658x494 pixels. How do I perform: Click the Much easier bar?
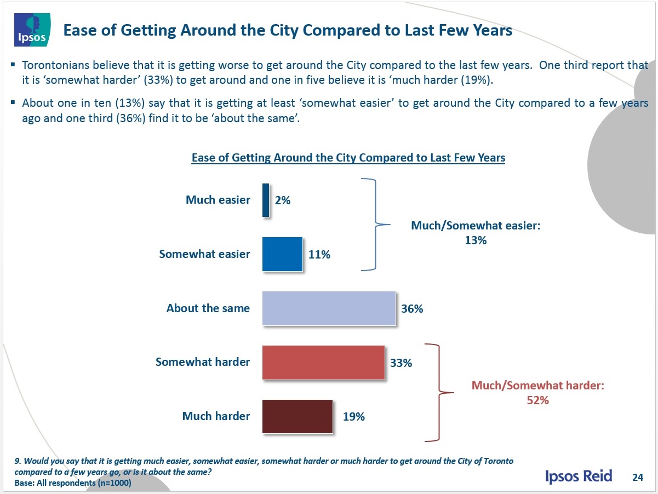pyautogui.click(x=266, y=200)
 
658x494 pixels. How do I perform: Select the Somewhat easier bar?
pyautogui.click(x=282, y=254)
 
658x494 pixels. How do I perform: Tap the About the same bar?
pyautogui.click(x=329, y=308)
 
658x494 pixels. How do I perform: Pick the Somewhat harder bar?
pyautogui.click(x=323, y=362)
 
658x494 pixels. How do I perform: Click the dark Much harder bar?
pyautogui.click(x=297, y=416)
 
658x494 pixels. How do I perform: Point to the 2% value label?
pyautogui.click(x=283, y=200)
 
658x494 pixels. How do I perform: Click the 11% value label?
pyautogui.click(x=319, y=255)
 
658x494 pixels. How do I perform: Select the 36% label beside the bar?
pyautogui.click(x=412, y=309)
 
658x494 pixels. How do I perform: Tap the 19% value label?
pyautogui.click(x=354, y=417)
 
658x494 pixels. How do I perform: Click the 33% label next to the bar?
pyautogui.click(x=401, y=363)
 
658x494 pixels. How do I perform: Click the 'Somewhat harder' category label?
pyautogui.click(x=203, y=362)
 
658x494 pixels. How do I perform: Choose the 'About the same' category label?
pyautogui.click(x=208, y=308)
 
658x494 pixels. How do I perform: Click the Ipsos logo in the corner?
pyautogui.click(x=33, y=31)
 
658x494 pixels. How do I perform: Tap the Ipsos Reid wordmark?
pyautogui.click(x=579, y=475)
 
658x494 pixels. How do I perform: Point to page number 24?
pyautogui.click(x=637, y=476)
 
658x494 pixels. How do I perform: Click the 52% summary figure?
pyautogui.click(x=538, y=400)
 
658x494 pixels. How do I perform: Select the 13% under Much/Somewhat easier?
pyautogui.click(x=476, y=240)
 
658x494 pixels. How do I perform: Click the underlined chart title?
pyautogui.click(x=348, y=158)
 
